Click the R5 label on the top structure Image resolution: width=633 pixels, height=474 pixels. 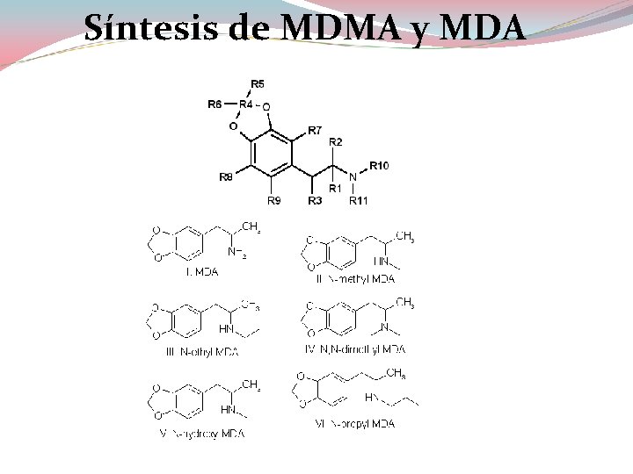click(x=258, y=83)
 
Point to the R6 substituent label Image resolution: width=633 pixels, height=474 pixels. click(x=215, y=104)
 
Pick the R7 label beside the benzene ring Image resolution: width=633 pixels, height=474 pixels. click(x=314, y=131)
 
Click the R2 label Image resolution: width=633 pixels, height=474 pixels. click(x=336, y=142)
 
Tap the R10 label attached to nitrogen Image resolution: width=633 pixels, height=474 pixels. click(x=379, y=165)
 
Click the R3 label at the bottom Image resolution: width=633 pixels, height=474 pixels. click(x=315, y=201)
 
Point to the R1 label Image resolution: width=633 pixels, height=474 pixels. click(x=335, y=188)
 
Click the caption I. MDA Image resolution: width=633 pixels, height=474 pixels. click(x=201, y=272)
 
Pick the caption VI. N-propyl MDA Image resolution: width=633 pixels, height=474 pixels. click(x=354, y=424)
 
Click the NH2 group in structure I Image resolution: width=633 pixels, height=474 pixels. click(x=236, y=253)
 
